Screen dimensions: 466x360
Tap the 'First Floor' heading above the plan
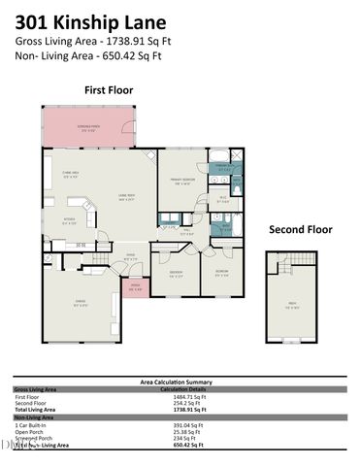pyautogui.click(x=108, y=89)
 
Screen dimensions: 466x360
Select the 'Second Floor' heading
pyautogui.click(x=300, y=230)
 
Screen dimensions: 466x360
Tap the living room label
pyautogui.click(x=126, y=198)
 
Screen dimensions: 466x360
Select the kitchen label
pyautogui.click(x=70, y=220)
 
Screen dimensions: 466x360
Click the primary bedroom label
pyautogui.click(x=180, y=183)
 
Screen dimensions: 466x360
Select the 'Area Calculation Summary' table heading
pyautogui.click(x=180, y=382)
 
